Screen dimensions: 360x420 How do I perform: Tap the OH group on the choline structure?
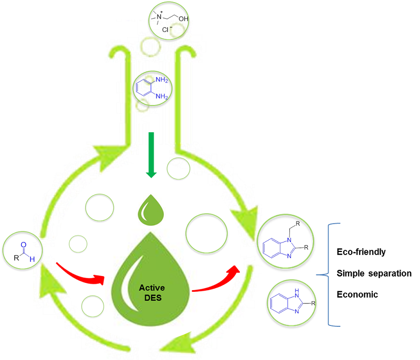point(182,22)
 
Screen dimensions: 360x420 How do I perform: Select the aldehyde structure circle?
point(23,251)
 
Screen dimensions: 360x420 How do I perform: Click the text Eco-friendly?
point(361,252)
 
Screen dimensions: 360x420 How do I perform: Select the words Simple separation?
point(374,273)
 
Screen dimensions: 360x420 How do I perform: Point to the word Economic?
point(357,294)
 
